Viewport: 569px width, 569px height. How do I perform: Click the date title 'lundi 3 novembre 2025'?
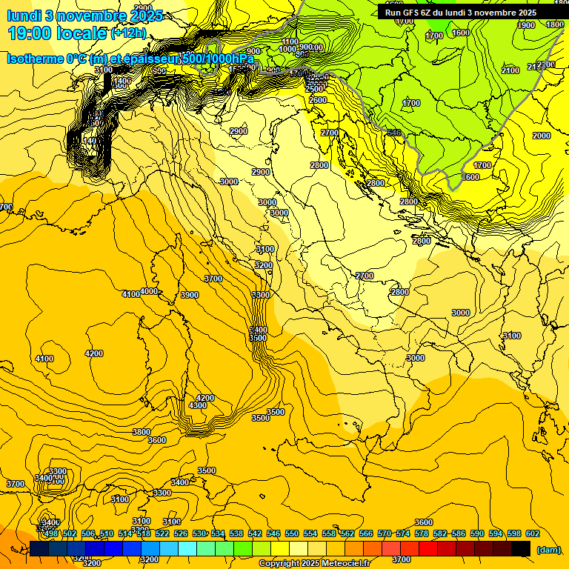coord(84,15)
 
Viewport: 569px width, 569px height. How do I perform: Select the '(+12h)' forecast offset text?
coord(128,33)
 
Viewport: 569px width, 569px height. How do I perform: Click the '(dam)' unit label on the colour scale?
coord(548,549)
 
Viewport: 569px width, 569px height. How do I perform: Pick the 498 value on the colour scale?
coord(51,533)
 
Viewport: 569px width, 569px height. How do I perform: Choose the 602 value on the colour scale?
coord(533,533)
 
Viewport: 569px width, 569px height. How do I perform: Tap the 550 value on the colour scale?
coord(292,533)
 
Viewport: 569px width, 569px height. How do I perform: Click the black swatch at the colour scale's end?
coord(521,548)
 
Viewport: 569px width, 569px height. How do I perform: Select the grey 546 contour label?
coord(394,133)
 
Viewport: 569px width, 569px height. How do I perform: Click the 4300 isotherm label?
coord(198,406)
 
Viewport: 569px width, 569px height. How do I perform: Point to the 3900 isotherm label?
coord(190,295)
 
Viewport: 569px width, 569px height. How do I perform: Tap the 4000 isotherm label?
coord(149,291)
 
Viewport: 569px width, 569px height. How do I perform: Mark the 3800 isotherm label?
coord(142,432)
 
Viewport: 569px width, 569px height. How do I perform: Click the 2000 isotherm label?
coord(542,136)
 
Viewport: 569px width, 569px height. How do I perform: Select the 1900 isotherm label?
coord(526,25)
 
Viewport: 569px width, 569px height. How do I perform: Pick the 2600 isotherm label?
coord(318,100)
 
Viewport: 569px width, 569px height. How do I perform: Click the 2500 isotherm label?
coord(314,89)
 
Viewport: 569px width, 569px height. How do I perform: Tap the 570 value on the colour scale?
coord(385,533)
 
